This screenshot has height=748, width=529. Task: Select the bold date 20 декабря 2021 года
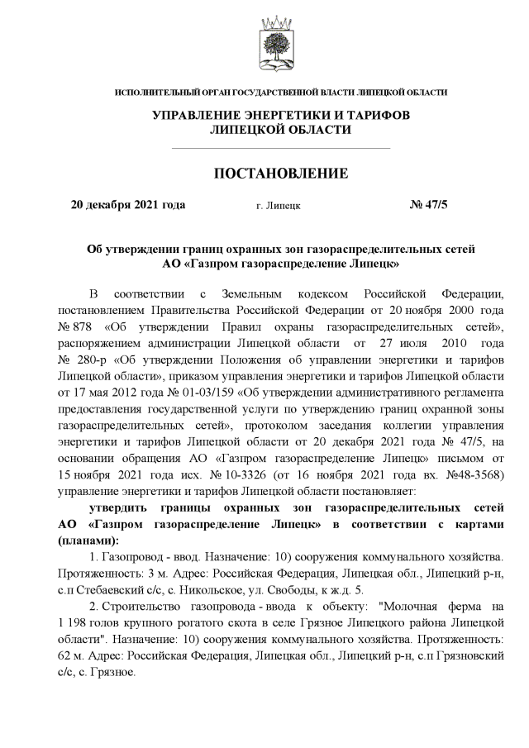tap(128, 205)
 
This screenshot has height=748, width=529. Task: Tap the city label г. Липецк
tap(279, 206)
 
